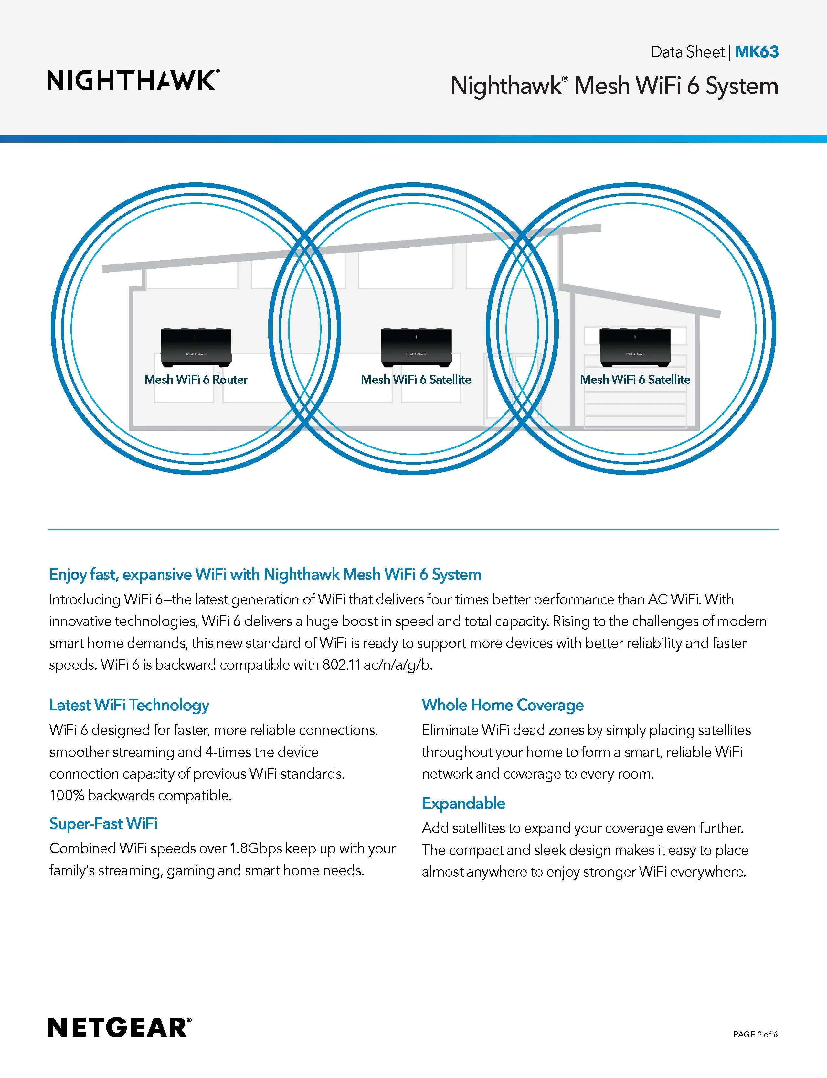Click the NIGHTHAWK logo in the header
tap(133, 80)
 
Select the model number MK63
tap(756, 52)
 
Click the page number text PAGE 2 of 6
tap(755, 1034)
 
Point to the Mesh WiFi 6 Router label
tap(196, 380)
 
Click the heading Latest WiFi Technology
tap(129, 705)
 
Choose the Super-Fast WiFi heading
tap(103, 824)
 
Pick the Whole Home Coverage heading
tap(503, 705)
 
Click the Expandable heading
tap(463, 803)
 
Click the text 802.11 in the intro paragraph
tap(342, 665)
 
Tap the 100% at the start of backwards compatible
tap(67, 795)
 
